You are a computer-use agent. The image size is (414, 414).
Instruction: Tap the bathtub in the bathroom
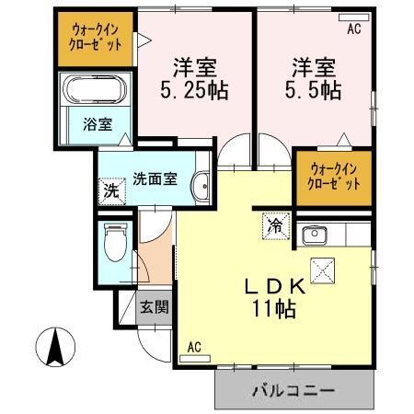pos(96,91)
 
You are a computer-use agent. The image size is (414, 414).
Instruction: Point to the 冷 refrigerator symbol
pos(274,224)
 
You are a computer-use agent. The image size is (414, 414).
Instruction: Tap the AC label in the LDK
pos(194,347)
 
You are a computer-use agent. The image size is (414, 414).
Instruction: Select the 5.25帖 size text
pos(194,91)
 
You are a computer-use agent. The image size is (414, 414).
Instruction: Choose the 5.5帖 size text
pos(314,91)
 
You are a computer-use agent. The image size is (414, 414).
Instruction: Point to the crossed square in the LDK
pos(324,271)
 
